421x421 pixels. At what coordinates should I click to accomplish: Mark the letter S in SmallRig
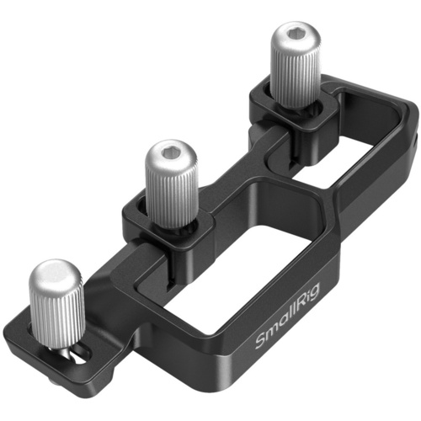click(262, 345)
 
